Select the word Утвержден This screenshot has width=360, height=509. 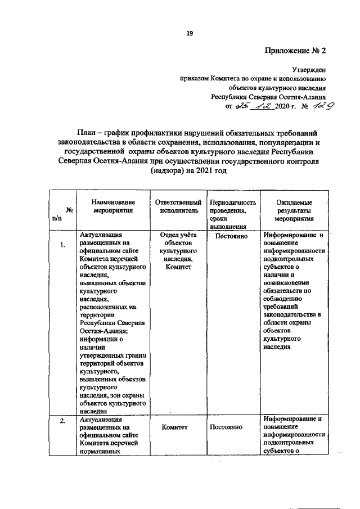pos(309,70)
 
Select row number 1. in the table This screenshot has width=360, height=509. pos(64,245)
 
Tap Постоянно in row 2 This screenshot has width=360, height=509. pos(226,427)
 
